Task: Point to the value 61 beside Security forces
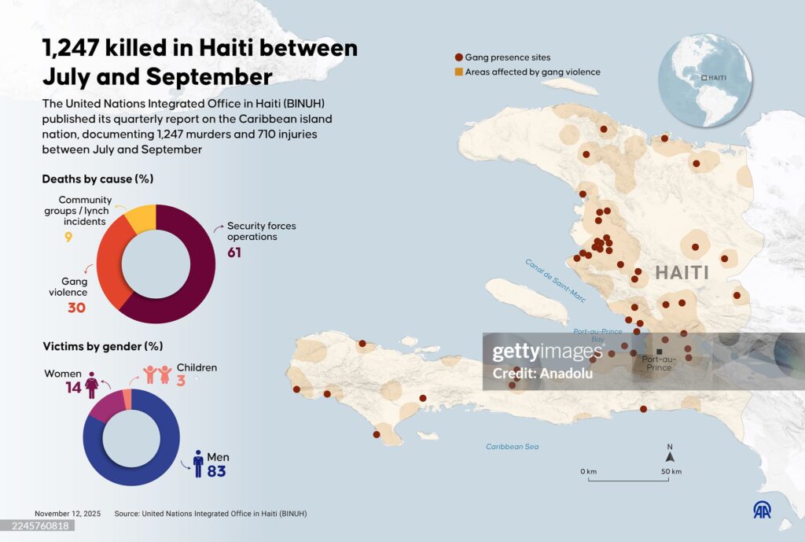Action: pyautogui.click(x=234, y=253)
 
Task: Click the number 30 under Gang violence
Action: pyautogui.click(x=76, y=308)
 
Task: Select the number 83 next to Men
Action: pyautogui.click(x=216, y=471)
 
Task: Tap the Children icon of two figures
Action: pyautogui.click(x=157, y=374)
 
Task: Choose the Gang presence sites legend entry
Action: pyautogui.click(x=502, y=57)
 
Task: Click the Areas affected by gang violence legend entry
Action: pyautogui.click(x=527, y=72)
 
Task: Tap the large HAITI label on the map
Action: pyautogui.click(x=682, y=273)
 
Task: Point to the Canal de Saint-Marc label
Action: pyautogui.click(x=556, y=280)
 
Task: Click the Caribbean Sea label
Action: pyautogui.click(x=512, y=447)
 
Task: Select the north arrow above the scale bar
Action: pyautogui.click(x=670, y=455)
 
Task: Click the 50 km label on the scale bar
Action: pyautogui.click(x=671, y=471)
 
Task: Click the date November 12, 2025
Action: pyautogui.click(x=68, y=514)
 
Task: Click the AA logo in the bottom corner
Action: pyautogui.click(x=763, y=510)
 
